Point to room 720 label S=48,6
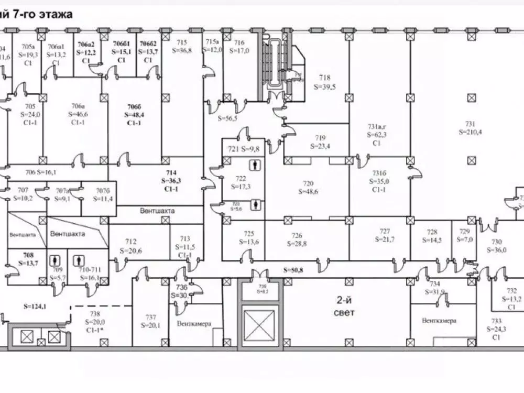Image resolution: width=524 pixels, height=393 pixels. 308,188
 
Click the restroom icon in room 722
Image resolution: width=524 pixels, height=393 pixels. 255,165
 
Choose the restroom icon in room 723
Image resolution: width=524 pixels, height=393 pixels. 255,204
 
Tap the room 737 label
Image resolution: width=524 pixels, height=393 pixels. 151,321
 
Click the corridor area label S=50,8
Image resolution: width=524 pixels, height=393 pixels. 293,270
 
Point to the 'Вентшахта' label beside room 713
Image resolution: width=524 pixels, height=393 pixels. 157,211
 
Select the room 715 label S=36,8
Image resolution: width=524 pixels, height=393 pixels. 182,47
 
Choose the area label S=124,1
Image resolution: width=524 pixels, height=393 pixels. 33,306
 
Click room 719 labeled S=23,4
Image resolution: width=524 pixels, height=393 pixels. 320,142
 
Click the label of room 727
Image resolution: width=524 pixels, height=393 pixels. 385,235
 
